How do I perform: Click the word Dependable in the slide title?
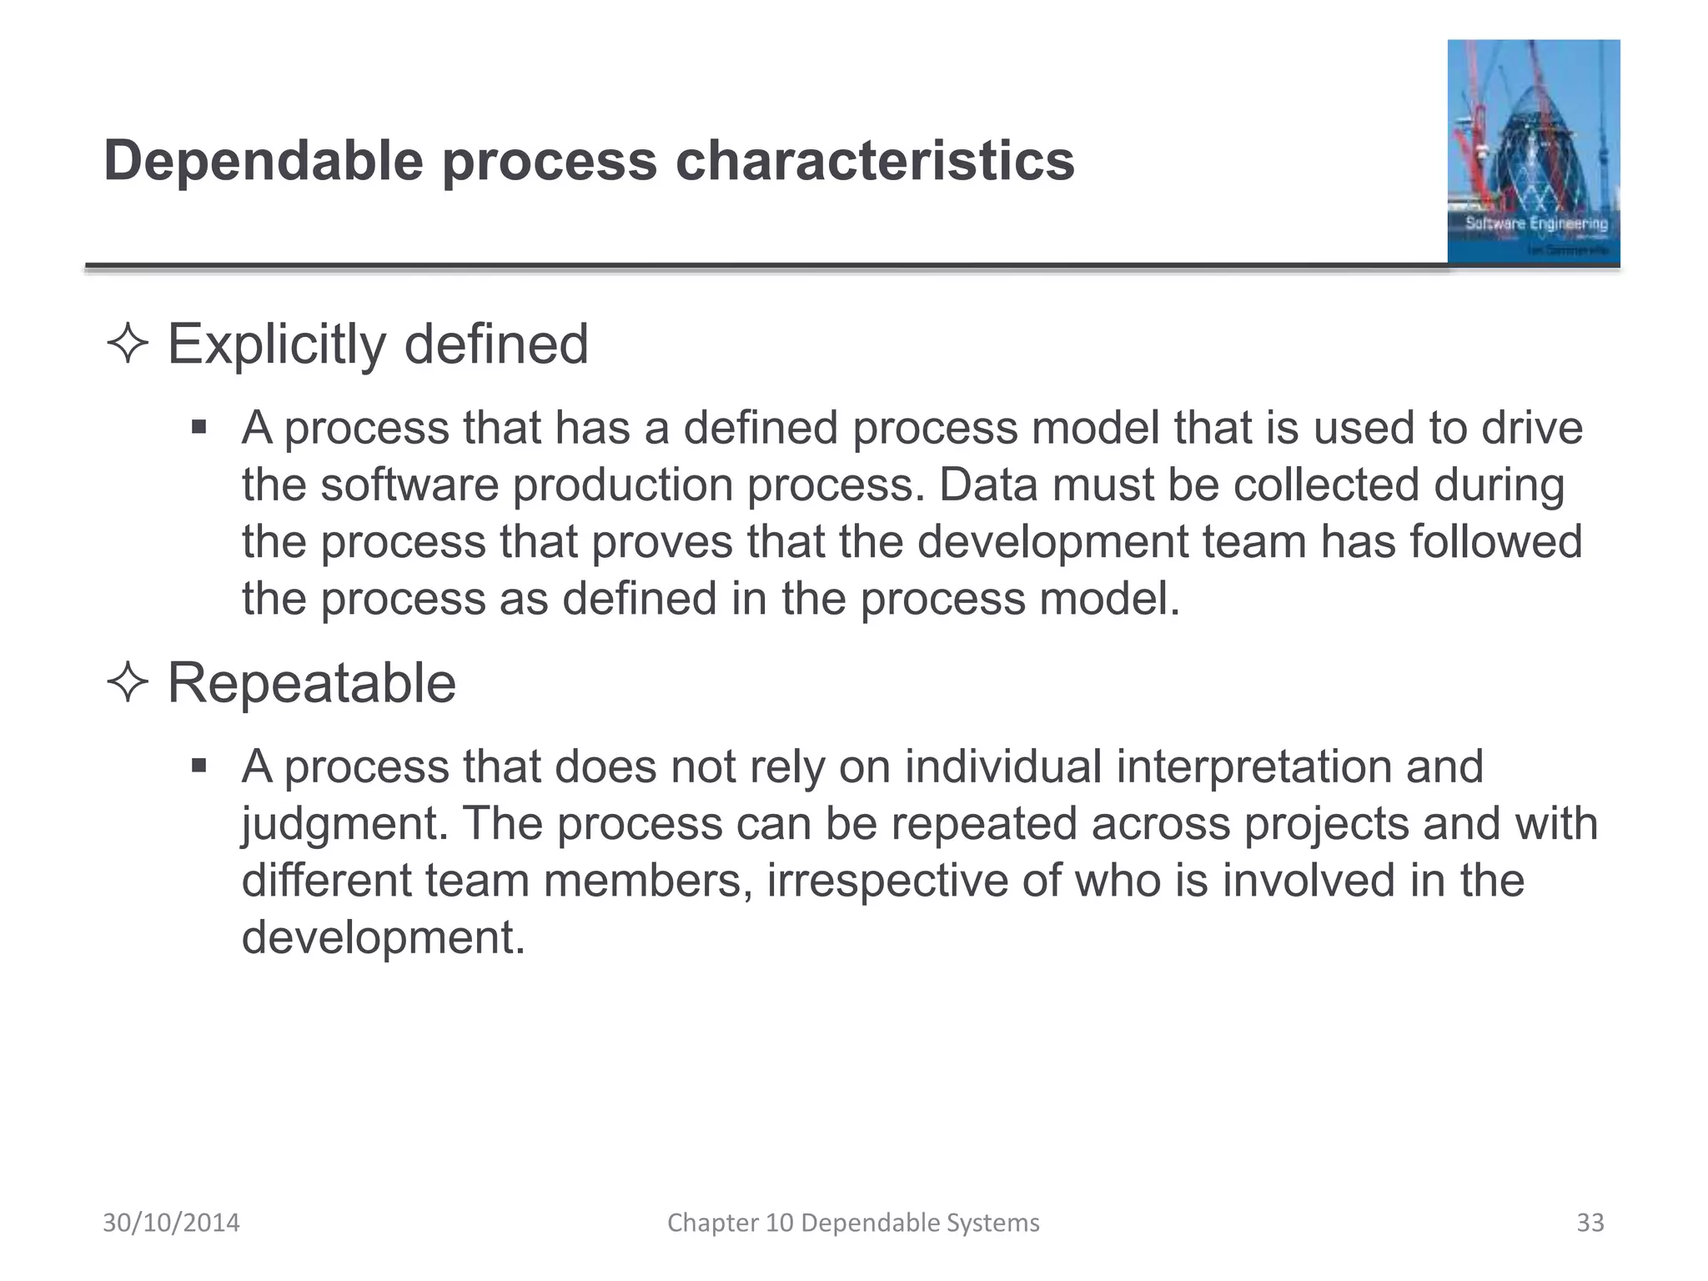click(x=264, y=161)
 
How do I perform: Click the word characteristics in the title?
click(x=875, y=161)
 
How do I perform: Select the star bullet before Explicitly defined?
click(x=128, y=344)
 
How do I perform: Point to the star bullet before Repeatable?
click(x=128, y=683)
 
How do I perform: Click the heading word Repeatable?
click(x=312, y=683)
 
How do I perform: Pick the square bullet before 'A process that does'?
click(x=198, y=766)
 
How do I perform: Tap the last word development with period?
click(x=384, y=937)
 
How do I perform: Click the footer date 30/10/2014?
click(x=171, y=1223)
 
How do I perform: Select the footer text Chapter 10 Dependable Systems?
click(x=853, y=1223)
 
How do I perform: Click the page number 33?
click(x=1590, y=1223)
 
